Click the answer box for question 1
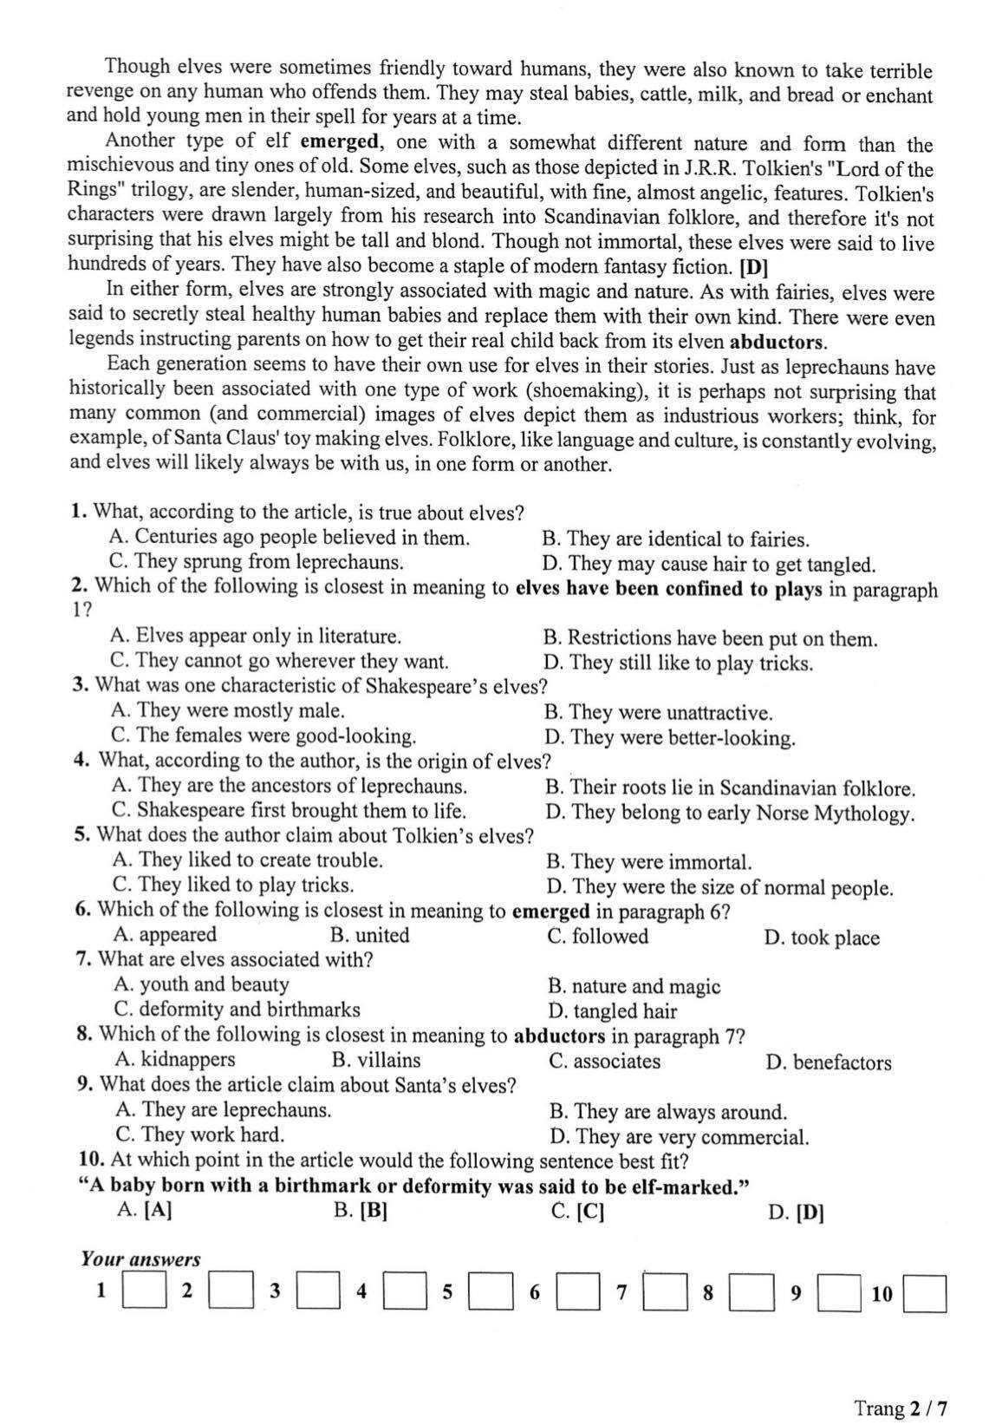145,1291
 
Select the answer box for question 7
666,1292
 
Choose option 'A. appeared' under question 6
166,935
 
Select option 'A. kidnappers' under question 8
175,1060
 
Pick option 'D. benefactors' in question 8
829,1062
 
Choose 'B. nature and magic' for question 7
634,986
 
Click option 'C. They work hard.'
200,1134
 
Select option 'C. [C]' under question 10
577,1212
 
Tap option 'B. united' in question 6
370,936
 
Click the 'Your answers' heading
140,1258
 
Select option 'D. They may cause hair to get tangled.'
708,565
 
